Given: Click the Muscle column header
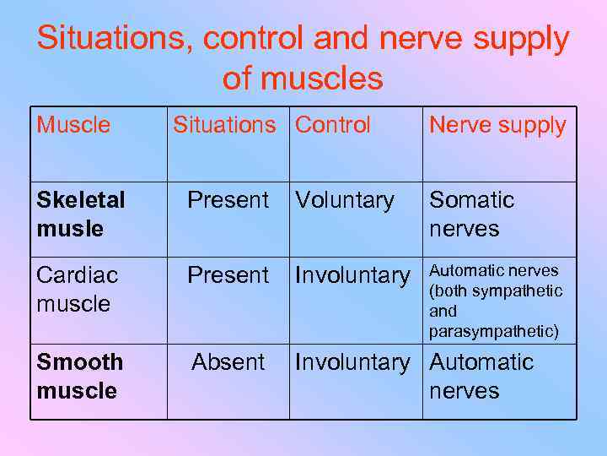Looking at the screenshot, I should [x=73, y=125].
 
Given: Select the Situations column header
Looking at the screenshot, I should [x=224, y=125].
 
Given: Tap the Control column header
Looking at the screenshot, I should [x=333, y=125].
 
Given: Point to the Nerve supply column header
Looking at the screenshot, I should [x=497, y=126].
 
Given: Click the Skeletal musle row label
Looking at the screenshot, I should [x=81, y=214].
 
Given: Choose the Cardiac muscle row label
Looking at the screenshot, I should [x=78, y=289].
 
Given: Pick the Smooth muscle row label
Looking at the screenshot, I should [x=79, y=376].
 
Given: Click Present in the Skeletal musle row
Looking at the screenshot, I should [x=228, y=200].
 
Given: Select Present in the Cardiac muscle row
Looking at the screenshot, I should [x=228, y=275].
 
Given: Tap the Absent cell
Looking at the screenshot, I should [x=228, y=362].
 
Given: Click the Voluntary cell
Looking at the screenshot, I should [x=345, y=200].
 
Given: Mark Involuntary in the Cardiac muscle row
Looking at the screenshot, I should [x=352, y=275].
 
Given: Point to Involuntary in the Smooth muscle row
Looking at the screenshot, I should [x=352, y=362].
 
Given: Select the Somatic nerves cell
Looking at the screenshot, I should [x=471, y=214].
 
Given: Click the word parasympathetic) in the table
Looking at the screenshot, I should [x=494, y=331].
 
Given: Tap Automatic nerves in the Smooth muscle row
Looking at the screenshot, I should [x=481, y=376].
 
